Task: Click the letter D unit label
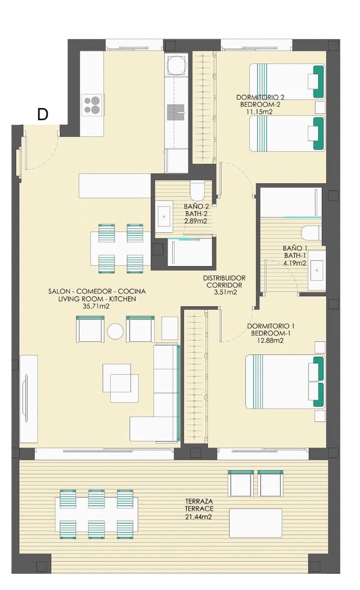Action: pyautogui.click(x=43, y=115)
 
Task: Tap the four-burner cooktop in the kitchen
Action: pyautogui.click(x=92, y=105)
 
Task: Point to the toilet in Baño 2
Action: pyautogui.click(x=197, y=191)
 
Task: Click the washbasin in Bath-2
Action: pyautogui.click(x=164, y=216)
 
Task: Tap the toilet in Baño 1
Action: pyautogui.click(x=311, y=233)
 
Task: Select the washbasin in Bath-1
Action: pyautogui.click(x=317, y=270)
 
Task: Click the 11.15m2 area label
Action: pyautogui.click(x=259, y=112)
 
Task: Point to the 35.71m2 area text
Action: pyautogui.click(x=96, y=306)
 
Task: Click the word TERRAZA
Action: pyautogui.click(x=199, y=501)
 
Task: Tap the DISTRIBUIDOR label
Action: pyautogui.click(x=224, y=278)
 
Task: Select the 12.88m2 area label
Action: pyautogui.click(x=270, y=340)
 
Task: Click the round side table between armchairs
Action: pyautogui.click(x=115, y=331)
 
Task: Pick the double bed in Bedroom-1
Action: pyautogui.click(x=285, y=382)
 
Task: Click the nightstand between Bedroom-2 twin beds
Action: pyautogui.click(x=320, y=108)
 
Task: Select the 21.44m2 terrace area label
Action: pyautogui.click(x=199, y=517)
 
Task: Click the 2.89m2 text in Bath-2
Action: pyautogui.click(x=196, y=221)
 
